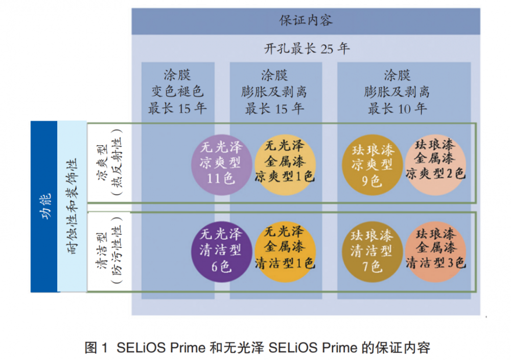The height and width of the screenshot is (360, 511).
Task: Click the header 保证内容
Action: click(306, 20)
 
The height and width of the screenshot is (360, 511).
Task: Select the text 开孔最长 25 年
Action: click(306, 49)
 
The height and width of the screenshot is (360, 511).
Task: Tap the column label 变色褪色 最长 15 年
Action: click(177, 92)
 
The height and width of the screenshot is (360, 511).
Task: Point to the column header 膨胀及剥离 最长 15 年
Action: click(274, 92)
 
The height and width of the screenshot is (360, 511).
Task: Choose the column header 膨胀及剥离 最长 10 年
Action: click(397, 92)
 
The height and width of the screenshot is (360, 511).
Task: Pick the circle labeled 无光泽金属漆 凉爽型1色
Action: click(285, 163)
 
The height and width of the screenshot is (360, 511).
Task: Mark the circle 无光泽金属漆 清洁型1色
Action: click(285, 249)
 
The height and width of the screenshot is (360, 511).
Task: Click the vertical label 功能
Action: click(45, 207)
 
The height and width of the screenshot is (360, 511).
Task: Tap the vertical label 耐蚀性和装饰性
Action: click(72, 207)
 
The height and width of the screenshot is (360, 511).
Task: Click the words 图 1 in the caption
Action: click(96, 348)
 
